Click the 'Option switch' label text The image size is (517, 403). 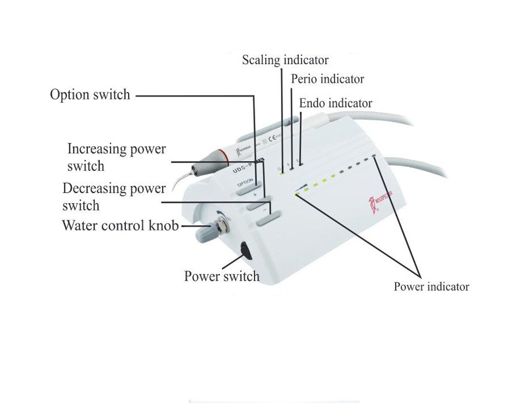click(x=90, y=95)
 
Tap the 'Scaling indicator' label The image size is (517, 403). click(x=285, y=60)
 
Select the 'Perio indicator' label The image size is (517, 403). click(x=327, y=79)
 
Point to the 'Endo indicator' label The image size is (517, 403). click(x=336, y=103)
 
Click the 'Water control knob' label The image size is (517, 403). click(x=120, y=225)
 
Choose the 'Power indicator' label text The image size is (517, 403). click(x=431, y=287)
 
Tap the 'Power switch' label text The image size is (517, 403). click(x=222, y=276)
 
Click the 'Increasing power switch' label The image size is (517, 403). click(x=116, y=157)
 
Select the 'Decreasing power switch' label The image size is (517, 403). click(x=114, y=197)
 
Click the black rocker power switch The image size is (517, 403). click(x=246, y=250)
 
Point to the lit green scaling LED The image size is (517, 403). click(x=282, y=173)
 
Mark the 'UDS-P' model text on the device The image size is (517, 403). click(x=243, y=167)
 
